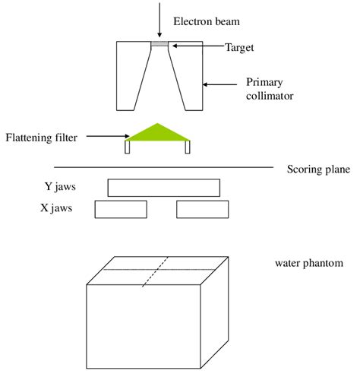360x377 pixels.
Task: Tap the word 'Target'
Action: [x=239, y=47]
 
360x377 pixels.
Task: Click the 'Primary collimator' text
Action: [x=267, y=89]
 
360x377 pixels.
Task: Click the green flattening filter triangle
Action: [x=158, y=134]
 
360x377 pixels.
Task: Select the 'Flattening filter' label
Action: [x=39, y=138]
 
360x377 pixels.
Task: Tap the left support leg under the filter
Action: [x=128, y=148]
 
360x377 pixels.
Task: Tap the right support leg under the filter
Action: [x=188, y=148]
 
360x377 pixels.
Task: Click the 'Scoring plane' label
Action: [x=318, y=169]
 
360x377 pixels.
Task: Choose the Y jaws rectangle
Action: [x=163, y=188]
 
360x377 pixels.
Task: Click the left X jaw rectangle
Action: [x=121, y=209]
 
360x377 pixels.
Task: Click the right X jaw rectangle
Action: [x=202, y=209]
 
